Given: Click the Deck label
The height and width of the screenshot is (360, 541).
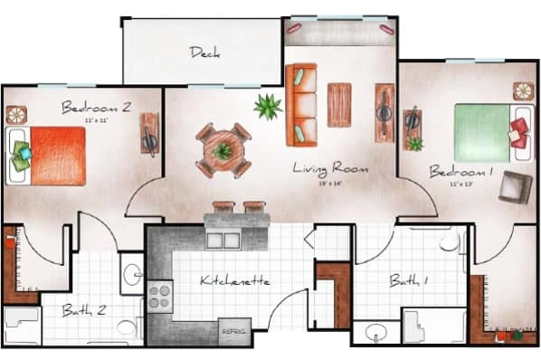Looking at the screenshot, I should [x=204, y=52].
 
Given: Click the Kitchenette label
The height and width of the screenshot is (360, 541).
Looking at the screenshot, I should [x=235, y=281].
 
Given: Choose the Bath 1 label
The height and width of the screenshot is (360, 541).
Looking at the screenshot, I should [x=409, y=280].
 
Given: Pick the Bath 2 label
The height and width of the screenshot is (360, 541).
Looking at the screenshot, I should [x=84, y=310].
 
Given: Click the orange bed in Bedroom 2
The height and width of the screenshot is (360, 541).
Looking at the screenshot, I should [x=56, y=156].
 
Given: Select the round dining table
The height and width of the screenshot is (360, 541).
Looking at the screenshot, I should [x=223, y=150].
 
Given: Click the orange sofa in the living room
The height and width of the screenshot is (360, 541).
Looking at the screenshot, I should [x=300, y=104].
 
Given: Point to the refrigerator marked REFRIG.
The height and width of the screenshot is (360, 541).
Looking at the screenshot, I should [x=233, y=331].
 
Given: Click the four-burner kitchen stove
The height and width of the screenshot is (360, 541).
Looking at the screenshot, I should [x=159, y=295].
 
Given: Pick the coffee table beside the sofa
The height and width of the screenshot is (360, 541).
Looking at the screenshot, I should [x=339, y=104].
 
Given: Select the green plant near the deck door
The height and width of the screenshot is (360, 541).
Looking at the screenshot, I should [x=267, y=108].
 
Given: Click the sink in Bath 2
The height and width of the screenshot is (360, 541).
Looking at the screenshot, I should [x=132, y=274].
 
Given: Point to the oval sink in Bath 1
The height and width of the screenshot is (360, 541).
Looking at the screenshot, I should [x=370, y=333].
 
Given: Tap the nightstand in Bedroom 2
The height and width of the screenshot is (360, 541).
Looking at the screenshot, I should [x=16, y=115].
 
